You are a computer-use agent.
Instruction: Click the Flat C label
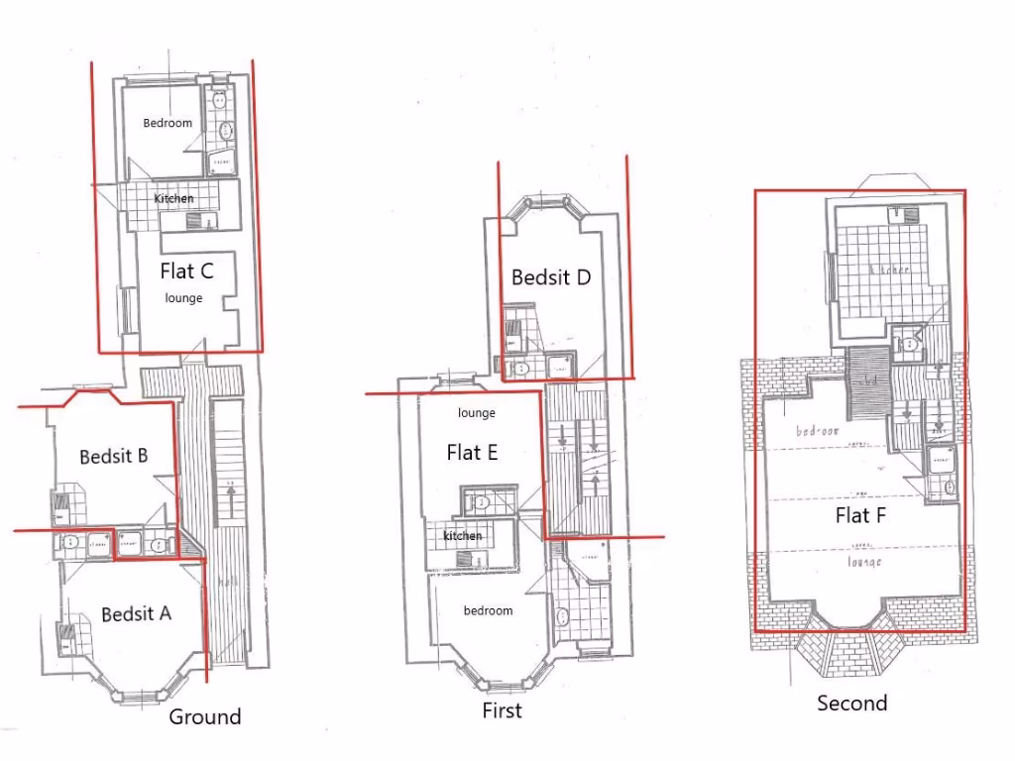click(x=186, y=269)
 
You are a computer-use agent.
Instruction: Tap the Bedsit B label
click(x=114, y=456)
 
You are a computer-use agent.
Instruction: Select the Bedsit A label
click(x=136, y=614)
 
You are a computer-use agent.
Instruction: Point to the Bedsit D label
click(x=551, y=277)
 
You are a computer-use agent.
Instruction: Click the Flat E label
click(x=472, y=453)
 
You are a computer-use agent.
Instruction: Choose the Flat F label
click(x=859, y=515)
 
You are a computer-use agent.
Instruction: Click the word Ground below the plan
click(x=204, y=716)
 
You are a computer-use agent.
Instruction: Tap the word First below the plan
click(x=502, y=710)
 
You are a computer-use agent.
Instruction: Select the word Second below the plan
click(x=851, y=704)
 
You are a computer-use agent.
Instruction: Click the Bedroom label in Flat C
click(x=168, y=124)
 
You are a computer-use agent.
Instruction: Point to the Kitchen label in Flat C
click(x=173, y=199)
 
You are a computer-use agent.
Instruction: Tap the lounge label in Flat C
click(x=183, y=298)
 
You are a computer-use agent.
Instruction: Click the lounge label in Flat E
click(x=476, y=413)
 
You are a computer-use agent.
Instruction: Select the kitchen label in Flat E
click(x=462, y=536)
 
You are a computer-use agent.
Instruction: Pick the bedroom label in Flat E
click(x=488, y=610)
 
